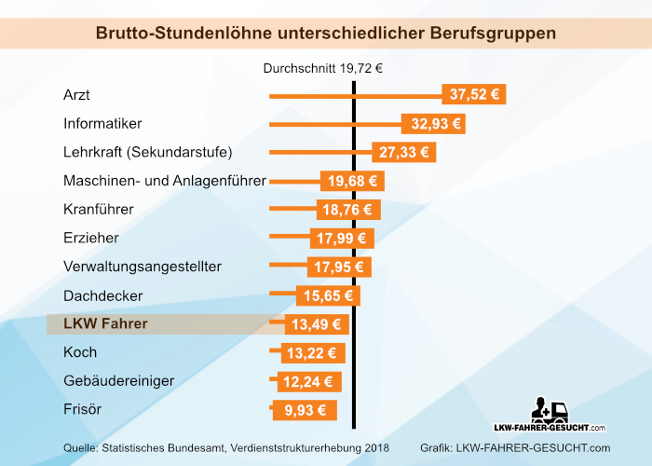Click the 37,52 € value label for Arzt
473,94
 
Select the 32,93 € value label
432,123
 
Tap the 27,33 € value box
404,152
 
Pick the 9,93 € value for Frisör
304,410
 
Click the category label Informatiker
102,123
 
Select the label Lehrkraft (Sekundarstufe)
147,152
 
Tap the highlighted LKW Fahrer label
105,324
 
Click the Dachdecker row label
102,295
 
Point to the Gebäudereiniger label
118,381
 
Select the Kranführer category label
99,209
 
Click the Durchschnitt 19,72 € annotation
323,67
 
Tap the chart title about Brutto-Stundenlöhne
326,33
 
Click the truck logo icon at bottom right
550,412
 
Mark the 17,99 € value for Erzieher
342,239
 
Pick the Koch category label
80,352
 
